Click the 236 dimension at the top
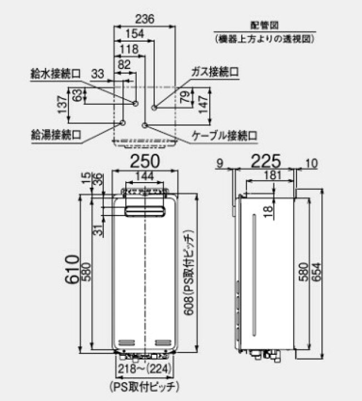[145, 19]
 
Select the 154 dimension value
[135, 34]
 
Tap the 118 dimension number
[129, 49]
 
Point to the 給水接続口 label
[56, 74]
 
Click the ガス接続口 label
[215, 72]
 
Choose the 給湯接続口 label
[56, 135]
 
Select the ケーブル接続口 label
[225, 135]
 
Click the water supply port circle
[136, 104]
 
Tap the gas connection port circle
[153, 107]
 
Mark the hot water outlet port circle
[122, 123]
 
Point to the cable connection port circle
[145, 125]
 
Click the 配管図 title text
[264, 25]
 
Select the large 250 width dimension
[145, 161]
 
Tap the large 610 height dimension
[72, 270]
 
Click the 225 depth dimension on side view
[266, 161]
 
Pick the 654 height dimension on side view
[317, 272]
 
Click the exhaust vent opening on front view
[145, 212]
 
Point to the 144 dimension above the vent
[145, 176]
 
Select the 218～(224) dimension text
[144, 369]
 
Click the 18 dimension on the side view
[268, 212]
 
